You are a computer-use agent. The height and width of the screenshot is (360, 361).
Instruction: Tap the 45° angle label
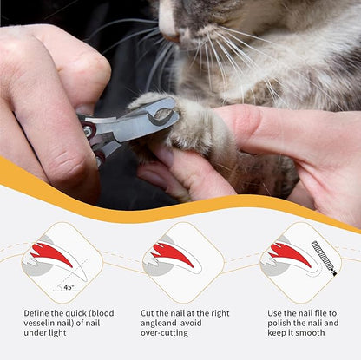tap(69, 287)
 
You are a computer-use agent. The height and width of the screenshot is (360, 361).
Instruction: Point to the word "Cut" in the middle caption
tap(148, 313)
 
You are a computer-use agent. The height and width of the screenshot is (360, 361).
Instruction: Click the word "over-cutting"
tap(164, 333)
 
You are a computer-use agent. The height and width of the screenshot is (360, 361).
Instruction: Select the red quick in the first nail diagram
tap(52, 254)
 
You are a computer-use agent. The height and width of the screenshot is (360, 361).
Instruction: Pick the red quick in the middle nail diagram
tap(173, 254)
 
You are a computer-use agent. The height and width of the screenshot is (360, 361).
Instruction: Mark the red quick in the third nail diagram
tap(291, 254)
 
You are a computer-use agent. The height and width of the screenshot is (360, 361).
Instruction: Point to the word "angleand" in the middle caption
tap(159, 324)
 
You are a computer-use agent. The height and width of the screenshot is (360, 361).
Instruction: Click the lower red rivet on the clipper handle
tap(100, 157)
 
